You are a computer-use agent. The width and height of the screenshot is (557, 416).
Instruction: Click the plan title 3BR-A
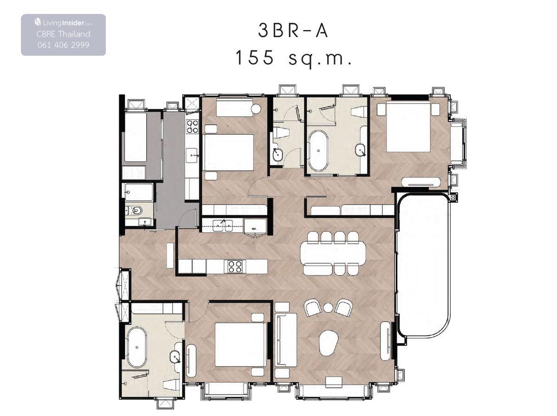click(x=293, y=31)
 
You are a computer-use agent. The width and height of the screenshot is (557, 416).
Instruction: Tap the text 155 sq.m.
click(x=294, y=58)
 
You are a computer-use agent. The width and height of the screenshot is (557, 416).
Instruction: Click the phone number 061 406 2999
click(x=64, y=45)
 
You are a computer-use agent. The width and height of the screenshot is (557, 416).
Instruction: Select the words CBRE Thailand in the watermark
click(x=64, y=34)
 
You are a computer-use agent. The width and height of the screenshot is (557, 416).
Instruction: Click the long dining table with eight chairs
click(x=333, y=253)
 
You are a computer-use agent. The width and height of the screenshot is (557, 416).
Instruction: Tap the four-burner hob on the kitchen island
click(x=235, y=266)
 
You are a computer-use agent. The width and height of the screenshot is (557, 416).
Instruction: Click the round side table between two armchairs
click(x=328, y=308)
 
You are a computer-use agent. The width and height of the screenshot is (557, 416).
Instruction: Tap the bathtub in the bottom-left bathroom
click(x=137, y=347)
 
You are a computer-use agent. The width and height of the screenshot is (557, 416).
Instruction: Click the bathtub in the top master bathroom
click(x=318, y=151)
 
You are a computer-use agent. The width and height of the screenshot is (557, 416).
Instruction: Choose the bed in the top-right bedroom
click(x=408, y=126)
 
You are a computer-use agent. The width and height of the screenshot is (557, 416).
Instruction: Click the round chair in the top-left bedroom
click(x=256, y=109)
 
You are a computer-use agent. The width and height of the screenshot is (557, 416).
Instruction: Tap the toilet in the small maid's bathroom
click(x=135, y=210)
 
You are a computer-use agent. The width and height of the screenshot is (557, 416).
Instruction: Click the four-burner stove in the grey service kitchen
click(x=192, y=127)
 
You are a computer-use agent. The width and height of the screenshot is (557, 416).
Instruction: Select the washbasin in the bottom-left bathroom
click(x=175, y=357)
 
